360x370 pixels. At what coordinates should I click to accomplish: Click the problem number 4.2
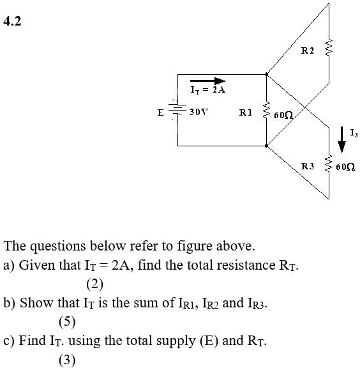click(12, 21)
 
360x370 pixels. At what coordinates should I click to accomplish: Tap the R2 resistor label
click(308, 50)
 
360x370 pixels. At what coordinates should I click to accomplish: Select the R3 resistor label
click(308, 166)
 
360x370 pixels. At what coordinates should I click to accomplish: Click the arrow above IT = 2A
click(208, 81)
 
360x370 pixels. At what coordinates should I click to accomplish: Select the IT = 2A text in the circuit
click(208, 90)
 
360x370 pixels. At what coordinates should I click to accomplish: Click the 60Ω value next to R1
click(283, 115)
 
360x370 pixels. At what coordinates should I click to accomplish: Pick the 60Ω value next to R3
click(345, 167)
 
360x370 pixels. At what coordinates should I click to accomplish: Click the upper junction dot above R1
click(267, 75)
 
